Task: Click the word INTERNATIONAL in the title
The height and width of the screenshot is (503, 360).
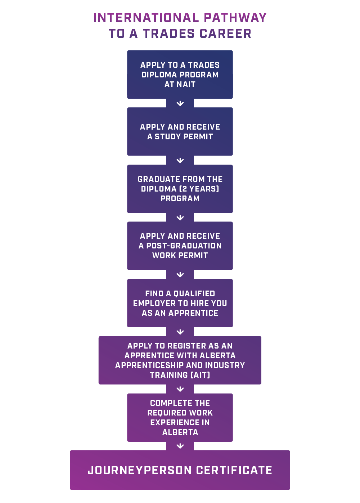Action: [x=146, y=18]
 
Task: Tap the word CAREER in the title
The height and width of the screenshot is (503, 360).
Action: [x=226, y=33]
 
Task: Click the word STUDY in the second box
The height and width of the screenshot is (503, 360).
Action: [x=169, y=137]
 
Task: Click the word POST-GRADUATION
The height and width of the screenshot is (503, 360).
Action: [x=184, y=246]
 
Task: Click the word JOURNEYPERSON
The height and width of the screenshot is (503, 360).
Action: [x=140, y=470]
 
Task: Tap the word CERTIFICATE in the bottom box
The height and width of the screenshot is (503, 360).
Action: [x=234, y=470]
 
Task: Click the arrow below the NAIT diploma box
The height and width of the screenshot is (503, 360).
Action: [x=180, y=104]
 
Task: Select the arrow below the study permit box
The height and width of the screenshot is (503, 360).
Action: [x=180, y=161]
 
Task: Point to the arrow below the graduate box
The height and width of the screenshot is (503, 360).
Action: [x=180, y=218]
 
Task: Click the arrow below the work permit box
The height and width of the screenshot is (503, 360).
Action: [x=180, y=275]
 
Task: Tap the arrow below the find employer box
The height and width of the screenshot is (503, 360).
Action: [x=180, y=332]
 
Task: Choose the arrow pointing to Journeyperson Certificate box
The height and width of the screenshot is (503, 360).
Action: [x=180, y=446]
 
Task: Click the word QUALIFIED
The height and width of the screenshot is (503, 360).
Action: [x=194, y=294]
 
